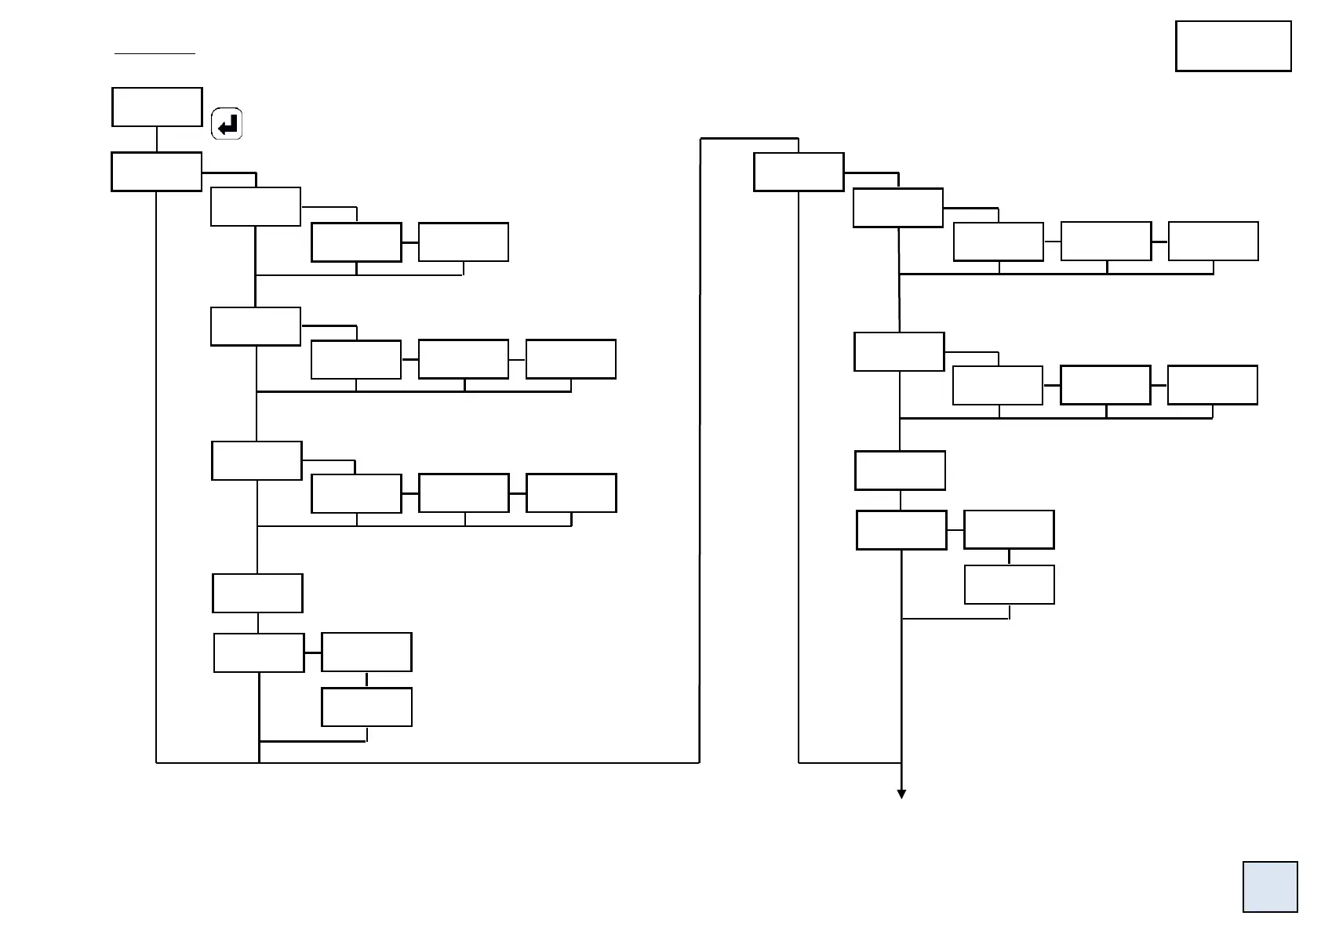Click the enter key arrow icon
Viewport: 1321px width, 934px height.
pyautogui.click(x=227, y=124)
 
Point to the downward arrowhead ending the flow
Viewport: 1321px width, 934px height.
pyautogui.click(x=901, y=794)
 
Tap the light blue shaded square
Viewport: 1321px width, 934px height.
pyautogui.click(x=1269, y=887)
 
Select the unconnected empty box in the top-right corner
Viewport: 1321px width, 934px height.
pyautogui.click(x=1232, y=46)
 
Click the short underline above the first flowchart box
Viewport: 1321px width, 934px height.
pyautogui.click(x=155, y=54)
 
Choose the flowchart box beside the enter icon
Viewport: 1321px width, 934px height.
pyautogui.click(x=157, y=107)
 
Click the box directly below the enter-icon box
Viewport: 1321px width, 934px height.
pyautogui.click(x=156, y=172)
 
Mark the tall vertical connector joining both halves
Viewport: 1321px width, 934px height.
pyautogui.click(x=699, y=447)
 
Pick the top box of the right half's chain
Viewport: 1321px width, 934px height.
pyautogui.click(x=798, y=173)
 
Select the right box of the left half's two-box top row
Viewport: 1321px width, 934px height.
pyautogui.click(x=463, y=242)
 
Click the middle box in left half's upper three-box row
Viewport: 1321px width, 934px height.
pyautogui.click(x=463, y=359)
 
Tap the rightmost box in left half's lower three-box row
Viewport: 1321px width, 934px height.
pyautogui.click(x=570, y=492)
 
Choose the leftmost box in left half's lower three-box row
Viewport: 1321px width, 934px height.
pyautogui.click(x=356, y=492)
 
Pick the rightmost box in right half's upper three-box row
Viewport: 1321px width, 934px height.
pyautogui.click(x=1213, y=241)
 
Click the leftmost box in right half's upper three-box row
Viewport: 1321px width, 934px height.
pyautogui.click(x=998, y=242)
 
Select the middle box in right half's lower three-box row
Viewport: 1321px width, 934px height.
pyautogui.click(x=1104, y=385)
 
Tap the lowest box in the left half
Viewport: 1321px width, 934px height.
pyautogui.click(x=366, y=707)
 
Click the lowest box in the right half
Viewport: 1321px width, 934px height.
pyautogui.click(x=1008, y=584)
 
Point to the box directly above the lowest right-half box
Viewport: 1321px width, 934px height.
pyautogui.click(x=1008, y=529)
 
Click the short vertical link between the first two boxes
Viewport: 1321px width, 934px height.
pyautogui.click(x=157, y=139)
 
